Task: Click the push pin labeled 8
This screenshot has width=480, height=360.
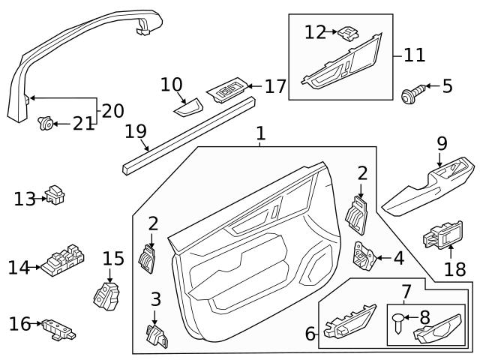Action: (x=397, y=323)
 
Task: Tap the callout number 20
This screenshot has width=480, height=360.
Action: (x=112, y=110)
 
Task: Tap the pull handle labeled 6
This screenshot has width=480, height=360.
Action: (x=349, y=320)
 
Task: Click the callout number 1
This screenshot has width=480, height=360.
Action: (x=260, y=134)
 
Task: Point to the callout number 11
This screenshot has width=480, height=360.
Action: (x=414, y=55)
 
